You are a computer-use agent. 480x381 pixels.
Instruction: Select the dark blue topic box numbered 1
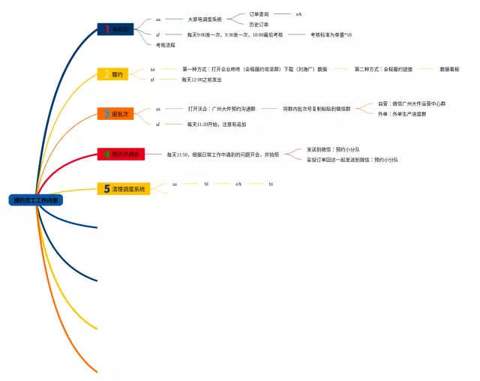[115, 29]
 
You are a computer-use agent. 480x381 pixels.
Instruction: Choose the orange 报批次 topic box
[115, 114]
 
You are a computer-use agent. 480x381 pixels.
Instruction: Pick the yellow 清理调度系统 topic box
[124, 188]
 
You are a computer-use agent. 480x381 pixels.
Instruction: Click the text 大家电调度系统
[205, 19]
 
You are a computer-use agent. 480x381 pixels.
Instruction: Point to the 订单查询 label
[259, 14]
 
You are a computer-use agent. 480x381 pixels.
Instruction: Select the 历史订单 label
[259, 25]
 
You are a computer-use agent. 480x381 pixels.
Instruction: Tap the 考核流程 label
[166, 45]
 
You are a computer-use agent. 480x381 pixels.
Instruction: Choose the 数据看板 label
[450, 69]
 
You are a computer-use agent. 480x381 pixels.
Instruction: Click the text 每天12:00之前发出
[202, 79]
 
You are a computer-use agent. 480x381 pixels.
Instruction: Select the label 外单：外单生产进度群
[403, 114]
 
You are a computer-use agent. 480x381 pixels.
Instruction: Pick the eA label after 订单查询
[298, 14]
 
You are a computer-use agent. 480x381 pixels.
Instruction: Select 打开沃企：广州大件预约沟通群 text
[222, 109]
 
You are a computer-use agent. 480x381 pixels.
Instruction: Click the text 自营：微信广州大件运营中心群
[412, 104]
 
